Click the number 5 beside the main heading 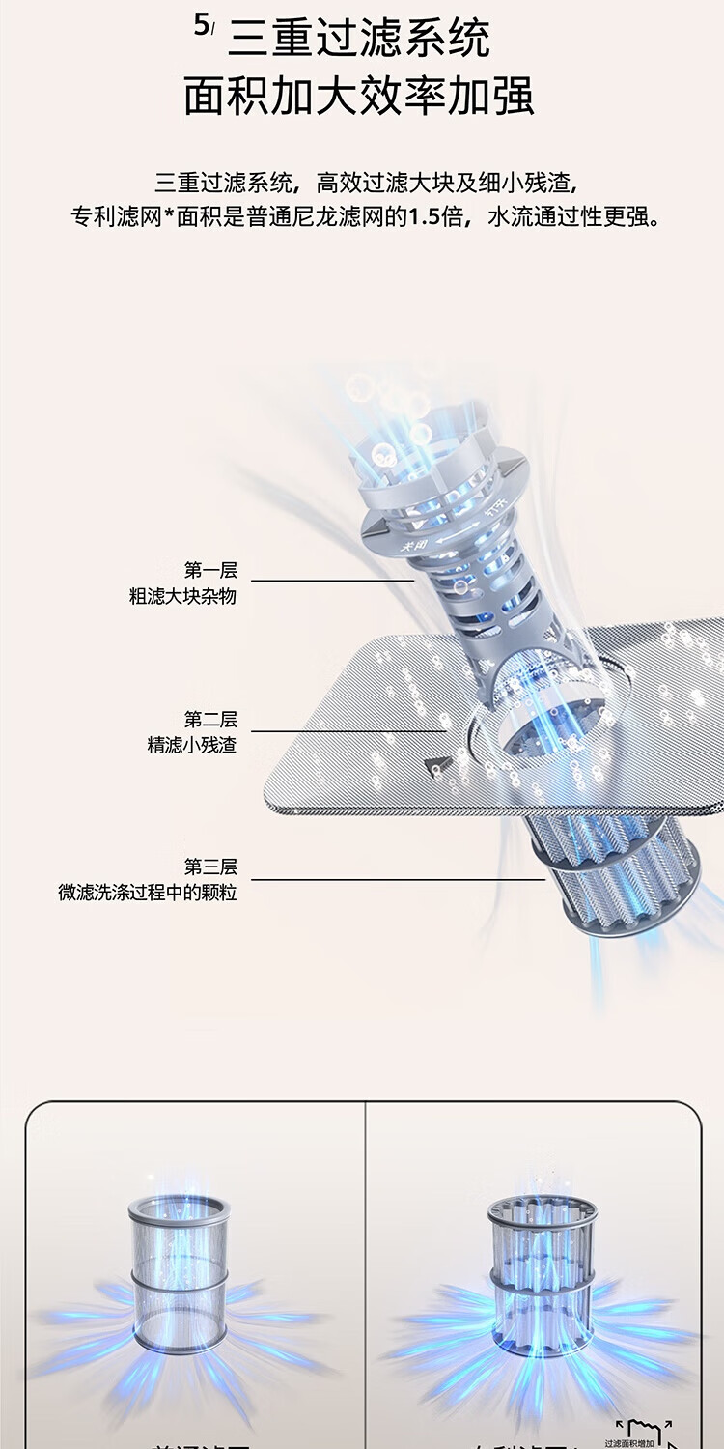click(x=201, y=26)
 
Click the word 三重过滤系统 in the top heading click(x=359, y=39)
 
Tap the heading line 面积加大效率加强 click(x=359, y=98)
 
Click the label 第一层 click(x=210, y=570)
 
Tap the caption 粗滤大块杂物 click(x=182, y=596)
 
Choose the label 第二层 click(x=210, y=720)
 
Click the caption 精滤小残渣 click(x=191, y=746)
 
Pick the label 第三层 click(x=210, y=867)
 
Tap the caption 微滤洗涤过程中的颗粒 click(x=147, y=893)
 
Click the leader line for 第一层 click(x=333, y=581)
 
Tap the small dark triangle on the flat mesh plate click(x=436, y=765)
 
